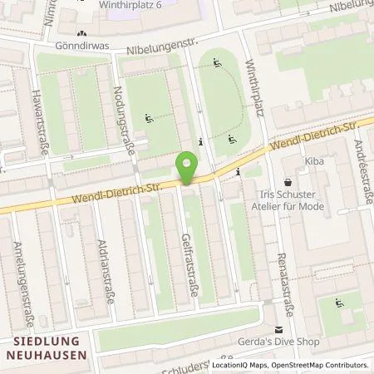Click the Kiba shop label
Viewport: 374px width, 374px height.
coord(313,163)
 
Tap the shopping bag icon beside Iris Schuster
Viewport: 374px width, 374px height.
coord(288,182)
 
